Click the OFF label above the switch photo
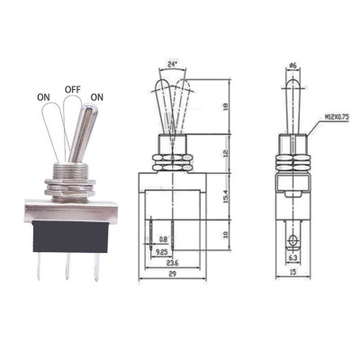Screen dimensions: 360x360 74,90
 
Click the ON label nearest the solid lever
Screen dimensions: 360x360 96,97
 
